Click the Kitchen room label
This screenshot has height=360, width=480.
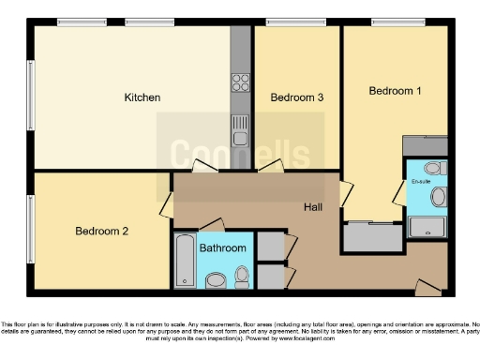142,97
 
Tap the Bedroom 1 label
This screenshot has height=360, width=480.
394,91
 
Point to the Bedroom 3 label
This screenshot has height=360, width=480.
297,97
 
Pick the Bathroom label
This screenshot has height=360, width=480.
224,248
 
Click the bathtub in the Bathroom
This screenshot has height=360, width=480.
183,262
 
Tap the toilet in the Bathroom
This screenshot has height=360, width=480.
243,275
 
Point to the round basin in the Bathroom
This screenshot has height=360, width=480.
216,278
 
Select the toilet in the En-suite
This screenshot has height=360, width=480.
419,168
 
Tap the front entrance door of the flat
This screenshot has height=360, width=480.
427,287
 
